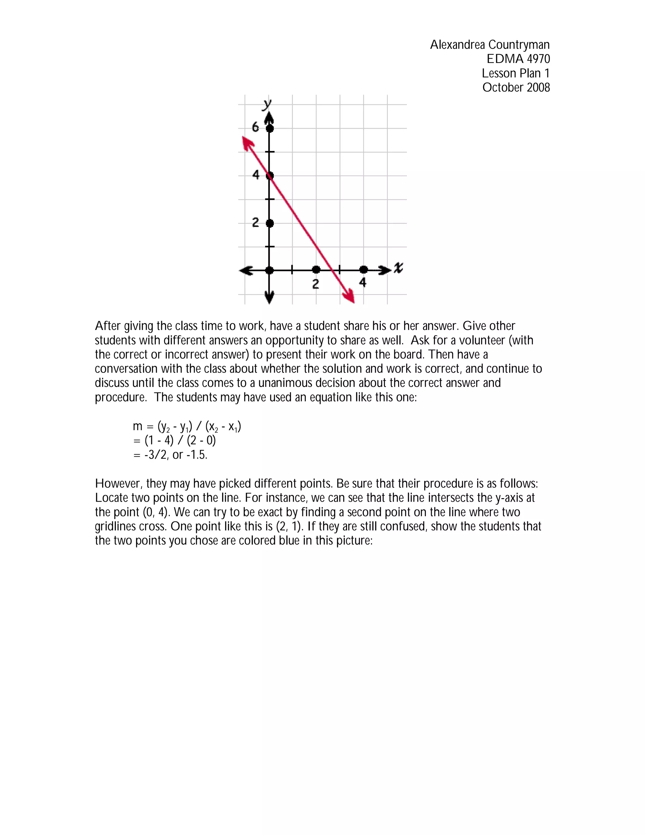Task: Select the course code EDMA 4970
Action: [518, 59]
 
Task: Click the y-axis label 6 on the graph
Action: [255, 127]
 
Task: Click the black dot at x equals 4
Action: [364, 270]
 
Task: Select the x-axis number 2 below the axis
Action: [316, 284]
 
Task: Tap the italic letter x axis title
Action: [398, 267]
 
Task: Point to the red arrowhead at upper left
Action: [248, 143]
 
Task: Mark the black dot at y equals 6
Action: [270, 129]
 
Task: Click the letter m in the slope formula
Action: [138, 426]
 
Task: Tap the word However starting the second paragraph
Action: [118, 484]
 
